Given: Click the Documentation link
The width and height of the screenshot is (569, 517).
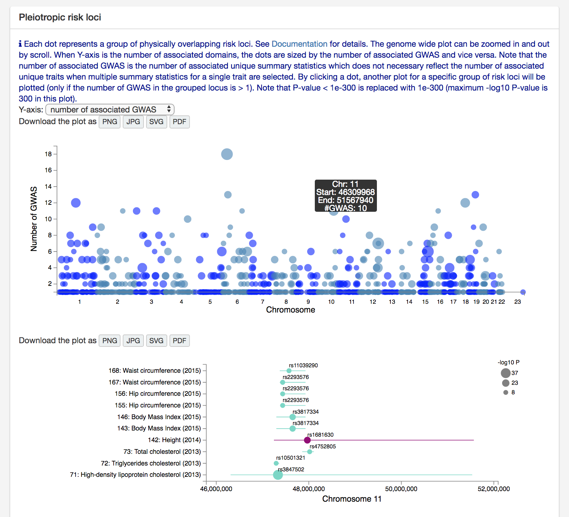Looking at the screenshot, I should pos(299,44).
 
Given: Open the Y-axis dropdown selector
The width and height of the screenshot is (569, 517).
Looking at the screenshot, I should pos(110,110).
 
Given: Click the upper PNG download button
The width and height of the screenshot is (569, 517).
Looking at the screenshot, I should pos(110,122).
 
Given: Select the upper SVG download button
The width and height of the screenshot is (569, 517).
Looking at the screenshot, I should pos(156,122).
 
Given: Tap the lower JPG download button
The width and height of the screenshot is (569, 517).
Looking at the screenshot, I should pos(133,341).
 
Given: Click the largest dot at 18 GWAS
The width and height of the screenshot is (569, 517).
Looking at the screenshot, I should pos(227,154).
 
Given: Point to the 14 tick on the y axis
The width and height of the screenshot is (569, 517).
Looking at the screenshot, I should pos(48,187).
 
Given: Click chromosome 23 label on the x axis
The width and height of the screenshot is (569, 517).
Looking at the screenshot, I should pos(518,302).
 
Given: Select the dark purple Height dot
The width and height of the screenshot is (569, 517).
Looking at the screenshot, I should pos(307,440).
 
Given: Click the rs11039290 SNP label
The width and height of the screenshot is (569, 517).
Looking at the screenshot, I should pos(303,365).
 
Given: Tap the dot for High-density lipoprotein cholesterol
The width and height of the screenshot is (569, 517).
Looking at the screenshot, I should pos(278,475).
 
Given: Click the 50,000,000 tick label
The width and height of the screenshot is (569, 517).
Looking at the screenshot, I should pos(401,489).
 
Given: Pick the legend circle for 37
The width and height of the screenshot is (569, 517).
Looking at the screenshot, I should pos(505,373).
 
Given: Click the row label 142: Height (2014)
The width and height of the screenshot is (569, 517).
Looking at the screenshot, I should pos(174,440).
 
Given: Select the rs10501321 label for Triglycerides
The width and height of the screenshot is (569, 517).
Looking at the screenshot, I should pos(290,458).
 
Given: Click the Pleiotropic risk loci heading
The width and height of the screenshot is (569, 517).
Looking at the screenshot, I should pos(60,18).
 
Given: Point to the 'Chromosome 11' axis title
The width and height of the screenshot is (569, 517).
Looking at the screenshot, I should pos(351,499).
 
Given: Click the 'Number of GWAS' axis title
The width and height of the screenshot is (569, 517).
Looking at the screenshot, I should pos(34,219).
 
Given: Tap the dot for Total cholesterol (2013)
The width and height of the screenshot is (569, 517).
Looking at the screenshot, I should pos(310,452).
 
